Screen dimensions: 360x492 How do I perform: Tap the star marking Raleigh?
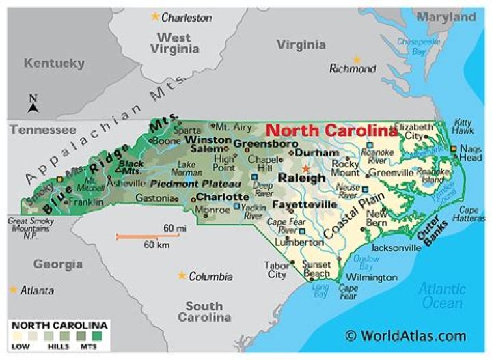point(306,168)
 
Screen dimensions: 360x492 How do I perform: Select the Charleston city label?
point(187,18)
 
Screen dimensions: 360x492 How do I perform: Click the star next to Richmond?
point(355,59)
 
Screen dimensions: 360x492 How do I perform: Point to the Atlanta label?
point(37,290)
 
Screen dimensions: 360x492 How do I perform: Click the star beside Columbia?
point(181,275)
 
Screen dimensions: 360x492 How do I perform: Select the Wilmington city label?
point(371,277)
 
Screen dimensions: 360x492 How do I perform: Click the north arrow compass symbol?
point(33,104)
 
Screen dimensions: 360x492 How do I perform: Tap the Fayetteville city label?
point(304,204)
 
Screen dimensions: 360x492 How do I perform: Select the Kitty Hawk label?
point(463,126)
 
